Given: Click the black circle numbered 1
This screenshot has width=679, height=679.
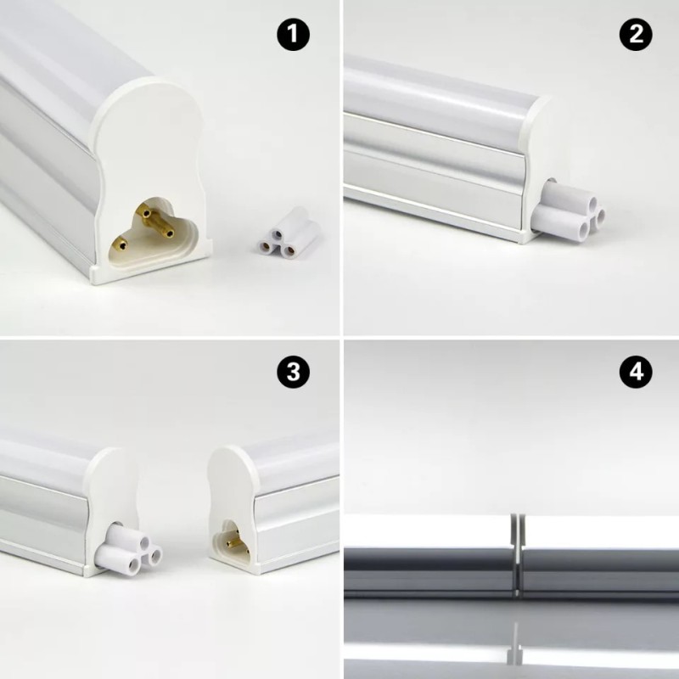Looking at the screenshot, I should pos(293,35).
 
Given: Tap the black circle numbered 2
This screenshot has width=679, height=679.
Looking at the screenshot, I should pos(636,35).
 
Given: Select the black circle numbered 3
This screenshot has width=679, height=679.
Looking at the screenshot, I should pos(293,371).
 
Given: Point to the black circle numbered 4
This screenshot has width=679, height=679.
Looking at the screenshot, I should pos(636,371).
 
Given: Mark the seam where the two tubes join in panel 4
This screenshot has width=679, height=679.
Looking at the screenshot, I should pos(515,552).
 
